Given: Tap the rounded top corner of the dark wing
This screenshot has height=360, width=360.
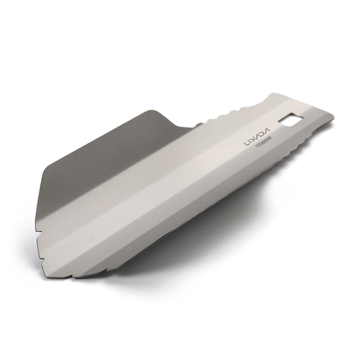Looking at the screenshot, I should (x=153, y=110).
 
